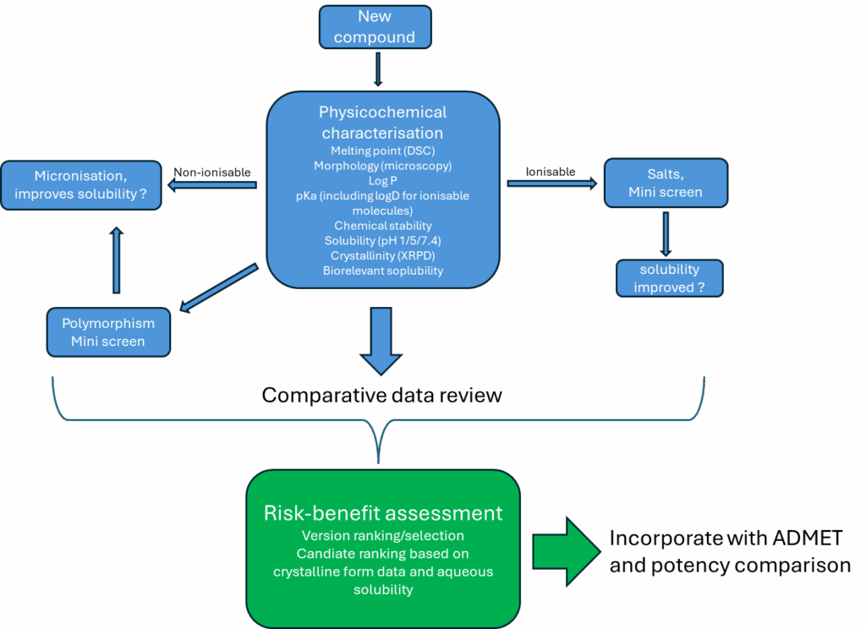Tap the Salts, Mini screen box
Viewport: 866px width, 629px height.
pos(665,183)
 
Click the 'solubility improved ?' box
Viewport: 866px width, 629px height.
pos(669,278)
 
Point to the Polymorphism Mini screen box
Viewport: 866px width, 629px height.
pos(107,332)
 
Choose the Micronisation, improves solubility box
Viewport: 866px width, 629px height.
pos(81,185)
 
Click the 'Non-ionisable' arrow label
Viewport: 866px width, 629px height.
pos(212,172)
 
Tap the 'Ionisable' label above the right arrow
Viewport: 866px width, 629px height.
pos(550,172)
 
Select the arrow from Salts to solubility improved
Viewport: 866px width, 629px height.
pos(666,232)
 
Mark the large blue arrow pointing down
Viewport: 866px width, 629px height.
pos(382,340)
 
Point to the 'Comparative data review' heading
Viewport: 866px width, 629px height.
pos(381,395)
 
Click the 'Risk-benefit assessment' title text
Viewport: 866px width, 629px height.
pos(383,513)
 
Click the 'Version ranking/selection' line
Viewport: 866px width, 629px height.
pos(383,536)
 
